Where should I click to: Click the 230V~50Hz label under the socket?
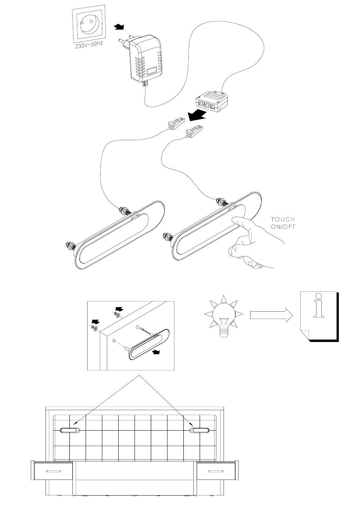tap(89, 45)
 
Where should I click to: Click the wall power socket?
tap(89, 23)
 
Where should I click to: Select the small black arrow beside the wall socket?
tap(119, 27)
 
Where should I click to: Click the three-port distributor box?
tap(211, 102)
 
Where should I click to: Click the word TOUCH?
tap(283, 220)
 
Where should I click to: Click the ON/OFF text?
tap(283, 226)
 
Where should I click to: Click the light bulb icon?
tap(224, 316)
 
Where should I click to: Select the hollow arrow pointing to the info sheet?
tap(271, 315)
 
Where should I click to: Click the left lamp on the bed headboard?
tap(70, 430)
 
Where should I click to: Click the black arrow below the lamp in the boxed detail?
tap(156, 352)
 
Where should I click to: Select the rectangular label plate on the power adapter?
tap(152, 71)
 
